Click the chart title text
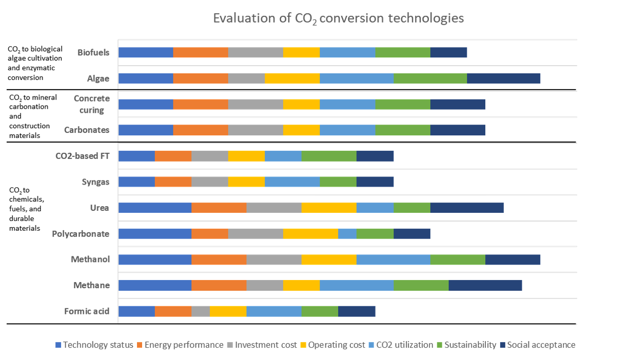click(x=338, y=18)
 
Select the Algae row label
click(x=98, y=78)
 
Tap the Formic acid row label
click(x=87, y=311)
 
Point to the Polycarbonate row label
click(x=81, y=234)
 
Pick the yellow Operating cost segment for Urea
click(x=329, y=208)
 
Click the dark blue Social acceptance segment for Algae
click(x=504, y=78)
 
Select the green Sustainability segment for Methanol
click(x=458, y=259)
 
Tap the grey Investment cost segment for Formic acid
click(x=201, y=311)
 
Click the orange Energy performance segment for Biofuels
click(x=201, y=52)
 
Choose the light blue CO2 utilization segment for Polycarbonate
click(x=347, y=234)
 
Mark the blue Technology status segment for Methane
click(x=154, y=285)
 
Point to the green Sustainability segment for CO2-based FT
click(x=329, y=156)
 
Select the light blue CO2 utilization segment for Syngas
click(x=292, y=182)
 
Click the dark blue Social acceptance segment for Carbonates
click(x=458, y=130)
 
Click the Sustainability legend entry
click(x=468, y=345)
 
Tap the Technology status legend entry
click(x=94, y=345)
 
